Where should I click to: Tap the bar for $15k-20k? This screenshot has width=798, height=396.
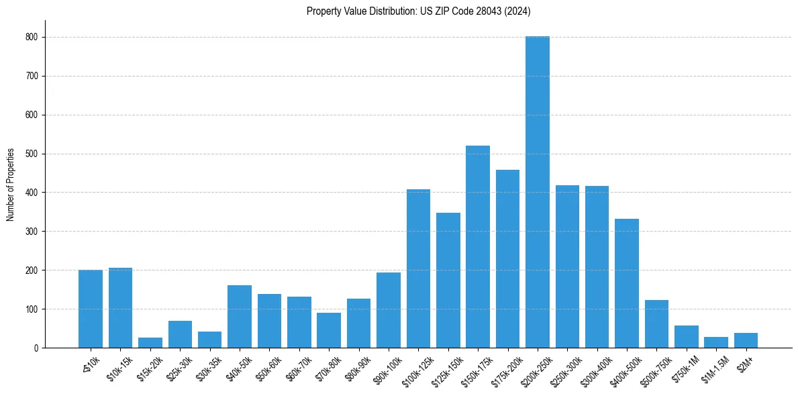pos(150,343)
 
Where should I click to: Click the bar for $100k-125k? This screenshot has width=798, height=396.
pos(418,268)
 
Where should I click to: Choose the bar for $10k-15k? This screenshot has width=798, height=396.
pos(120,308)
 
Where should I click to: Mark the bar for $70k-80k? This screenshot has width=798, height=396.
pos(329,330)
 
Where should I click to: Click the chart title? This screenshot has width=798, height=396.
pos(419,11)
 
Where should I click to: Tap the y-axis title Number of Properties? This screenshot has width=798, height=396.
pos(11,185)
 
